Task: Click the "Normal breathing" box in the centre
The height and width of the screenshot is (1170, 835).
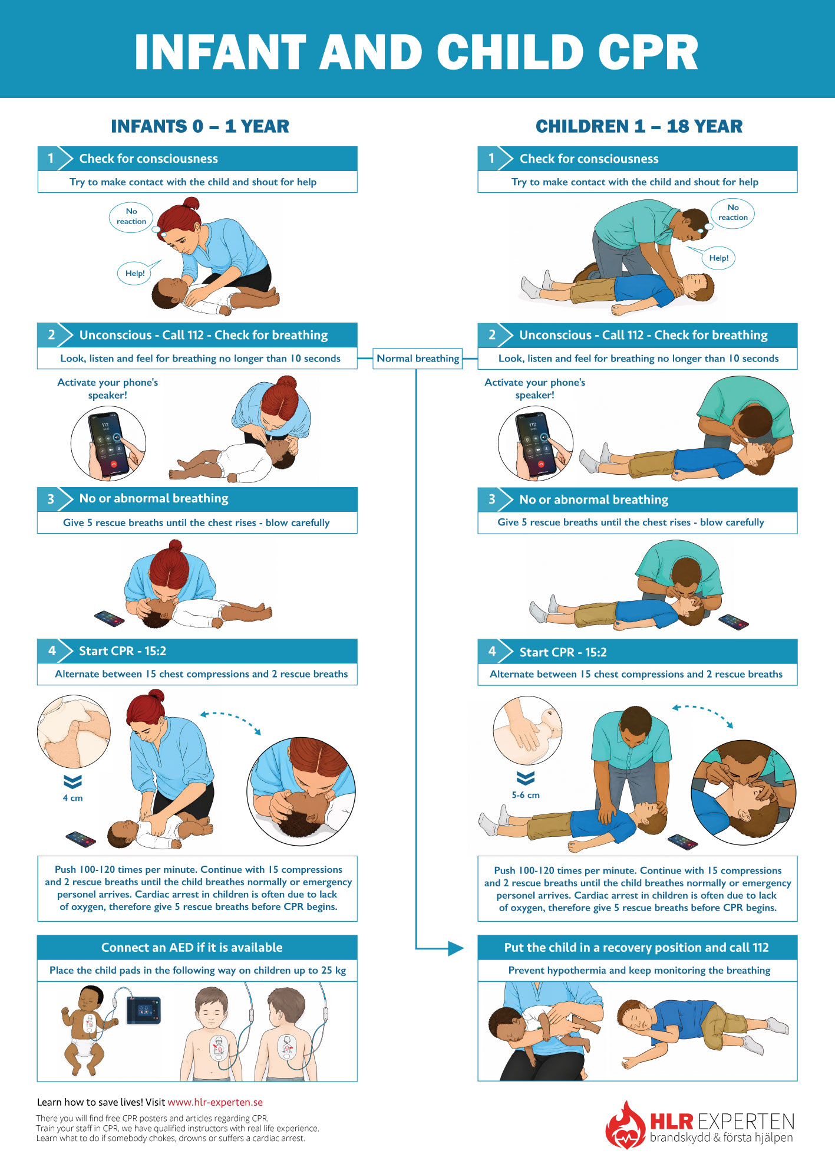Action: [x=418, y=359]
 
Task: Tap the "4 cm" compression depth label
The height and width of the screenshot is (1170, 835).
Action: [x=72, y=798]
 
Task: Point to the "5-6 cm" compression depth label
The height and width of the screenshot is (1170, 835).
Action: [x=526, y=795]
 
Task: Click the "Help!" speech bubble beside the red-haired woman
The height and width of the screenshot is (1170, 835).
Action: [x=135, y=273]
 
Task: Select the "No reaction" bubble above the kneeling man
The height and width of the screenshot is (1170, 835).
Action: [x=732, y=212]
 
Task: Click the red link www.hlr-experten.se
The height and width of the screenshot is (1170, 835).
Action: [x=215, y=1102]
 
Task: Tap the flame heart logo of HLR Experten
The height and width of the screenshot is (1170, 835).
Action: [x=625, y=1126]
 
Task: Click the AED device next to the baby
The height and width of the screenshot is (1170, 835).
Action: [x=143, y=1011]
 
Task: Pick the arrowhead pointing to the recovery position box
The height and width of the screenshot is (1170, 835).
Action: [x=456, y=948]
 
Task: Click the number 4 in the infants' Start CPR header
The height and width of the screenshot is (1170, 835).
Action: [x=52, y=651]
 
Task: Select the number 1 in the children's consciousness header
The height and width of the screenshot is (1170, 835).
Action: [x=491, y=158]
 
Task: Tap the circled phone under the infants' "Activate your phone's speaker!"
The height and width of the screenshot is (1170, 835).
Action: [x=108, y=443]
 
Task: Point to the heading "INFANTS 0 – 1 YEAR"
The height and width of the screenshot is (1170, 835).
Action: [x=200, y=126]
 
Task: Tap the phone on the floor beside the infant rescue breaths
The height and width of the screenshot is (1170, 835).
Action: [x=110, y=619]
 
